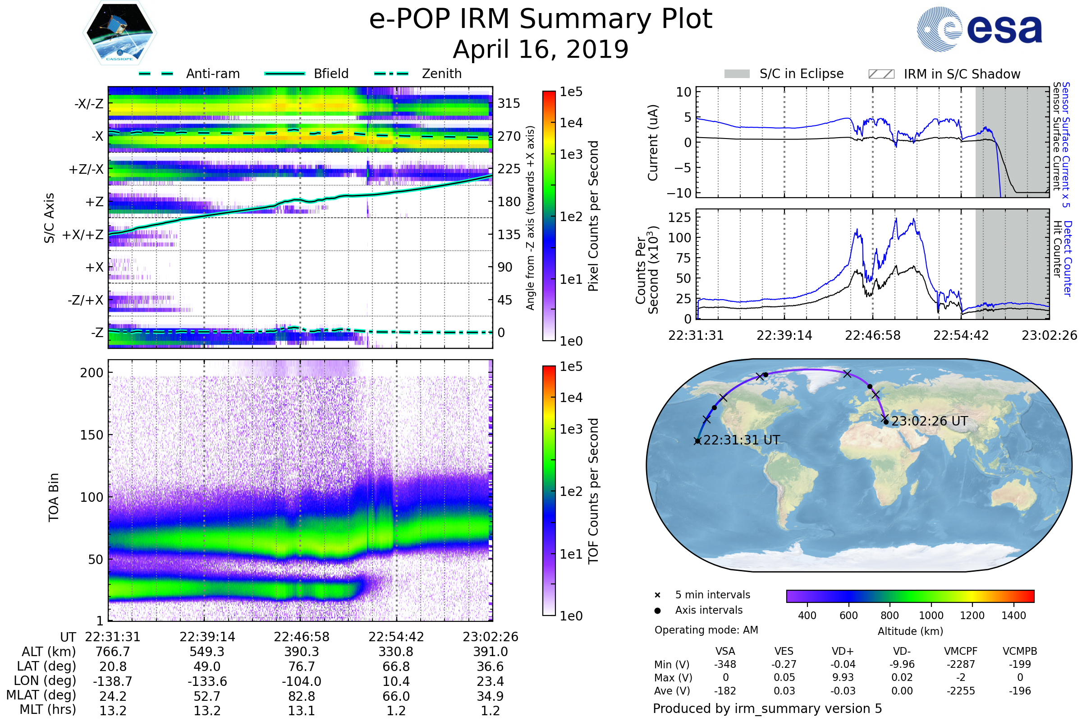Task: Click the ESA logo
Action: click(x=979, y=28)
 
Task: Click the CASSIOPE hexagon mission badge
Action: click(x=119, y=32)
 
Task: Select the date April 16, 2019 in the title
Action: click(x=541, y=49)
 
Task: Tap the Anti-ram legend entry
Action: click(x=189, y=74)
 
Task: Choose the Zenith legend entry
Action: click(x=418, y=74)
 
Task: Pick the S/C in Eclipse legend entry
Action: click(x=784, y=74)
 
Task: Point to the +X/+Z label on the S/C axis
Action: click(x=83, y=235)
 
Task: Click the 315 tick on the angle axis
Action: click(x=509, y=103)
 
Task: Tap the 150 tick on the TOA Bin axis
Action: click(x=92, y=435)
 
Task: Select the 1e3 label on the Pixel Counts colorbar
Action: click(x=571, y=154)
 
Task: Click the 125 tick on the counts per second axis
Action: click(x=679, y=217)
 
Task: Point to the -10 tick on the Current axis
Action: click(x=679, y=193)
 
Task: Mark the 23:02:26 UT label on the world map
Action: click(x=929, y=421)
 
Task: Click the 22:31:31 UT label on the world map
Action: click(x=742, y=440)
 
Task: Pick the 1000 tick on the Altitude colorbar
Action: click(x=931, y=616)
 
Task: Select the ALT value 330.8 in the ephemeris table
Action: click(x=396, y=652)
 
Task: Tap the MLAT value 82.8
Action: click(x=301, y=696)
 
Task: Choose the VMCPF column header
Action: click(x=961, y=651)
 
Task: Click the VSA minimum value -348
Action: click(x=725, y=664)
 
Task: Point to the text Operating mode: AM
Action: click(x=706, y=630)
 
